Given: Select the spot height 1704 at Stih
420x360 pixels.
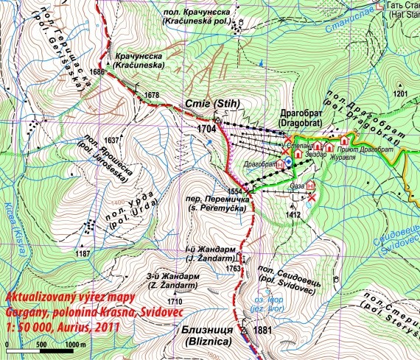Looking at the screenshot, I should pos(209,127).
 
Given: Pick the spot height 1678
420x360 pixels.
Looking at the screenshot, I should pos(152,95).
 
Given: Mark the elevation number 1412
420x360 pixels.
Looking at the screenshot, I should pos(294,215).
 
